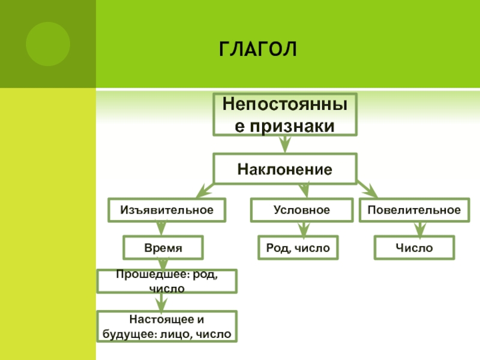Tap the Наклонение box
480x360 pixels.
pos(285,169)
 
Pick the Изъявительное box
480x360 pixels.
pos(167,211)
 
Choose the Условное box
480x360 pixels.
pos(302,211)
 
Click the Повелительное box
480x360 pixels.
pos(414,211)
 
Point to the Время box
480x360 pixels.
pos(163,247)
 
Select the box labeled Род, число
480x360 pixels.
pos(298,247)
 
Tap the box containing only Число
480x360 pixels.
pos(414,247)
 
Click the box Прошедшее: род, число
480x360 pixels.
pos(167,281)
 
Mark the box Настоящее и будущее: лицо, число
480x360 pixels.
pos(167,326)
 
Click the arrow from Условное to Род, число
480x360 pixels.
pos(304,229)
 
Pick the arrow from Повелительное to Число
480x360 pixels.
pos(420,229)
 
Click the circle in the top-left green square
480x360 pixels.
pos(48,44)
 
